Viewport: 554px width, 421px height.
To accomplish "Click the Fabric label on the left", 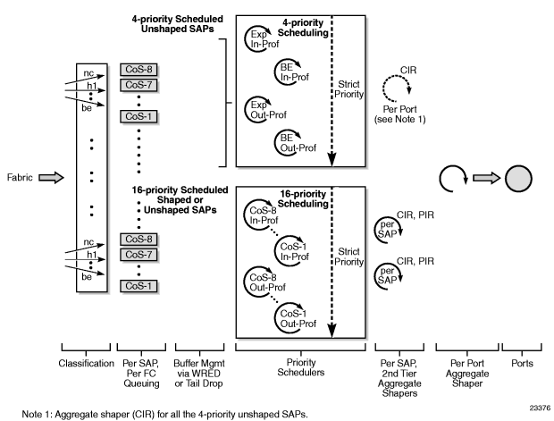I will (19, 178).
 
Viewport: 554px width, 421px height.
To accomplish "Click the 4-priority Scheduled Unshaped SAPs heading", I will (168, 22).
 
